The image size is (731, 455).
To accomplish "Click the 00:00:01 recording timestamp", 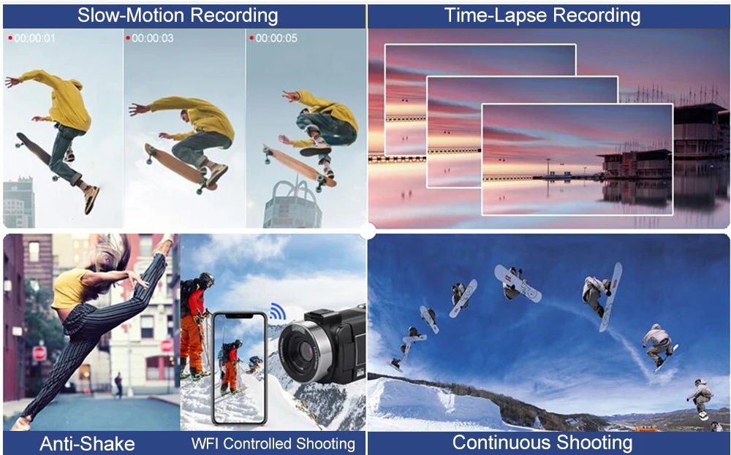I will (x=34, y=38).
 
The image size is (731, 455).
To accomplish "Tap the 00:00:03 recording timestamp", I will (x=153, y=38).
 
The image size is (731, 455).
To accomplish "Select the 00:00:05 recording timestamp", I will (x=276, y=38).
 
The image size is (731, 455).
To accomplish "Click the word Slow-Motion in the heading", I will (x=121, y=15).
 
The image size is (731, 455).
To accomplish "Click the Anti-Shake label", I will (x=88, y=443).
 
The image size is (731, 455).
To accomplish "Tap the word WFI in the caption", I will (x=205, y=443).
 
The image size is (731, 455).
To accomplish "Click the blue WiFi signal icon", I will (x=277, y=312).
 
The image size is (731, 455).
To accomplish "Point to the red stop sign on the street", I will (x=39, y=353).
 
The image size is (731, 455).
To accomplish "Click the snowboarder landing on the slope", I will (x=700, y=398).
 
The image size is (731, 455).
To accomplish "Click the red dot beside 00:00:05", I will (x=251, y=37).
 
